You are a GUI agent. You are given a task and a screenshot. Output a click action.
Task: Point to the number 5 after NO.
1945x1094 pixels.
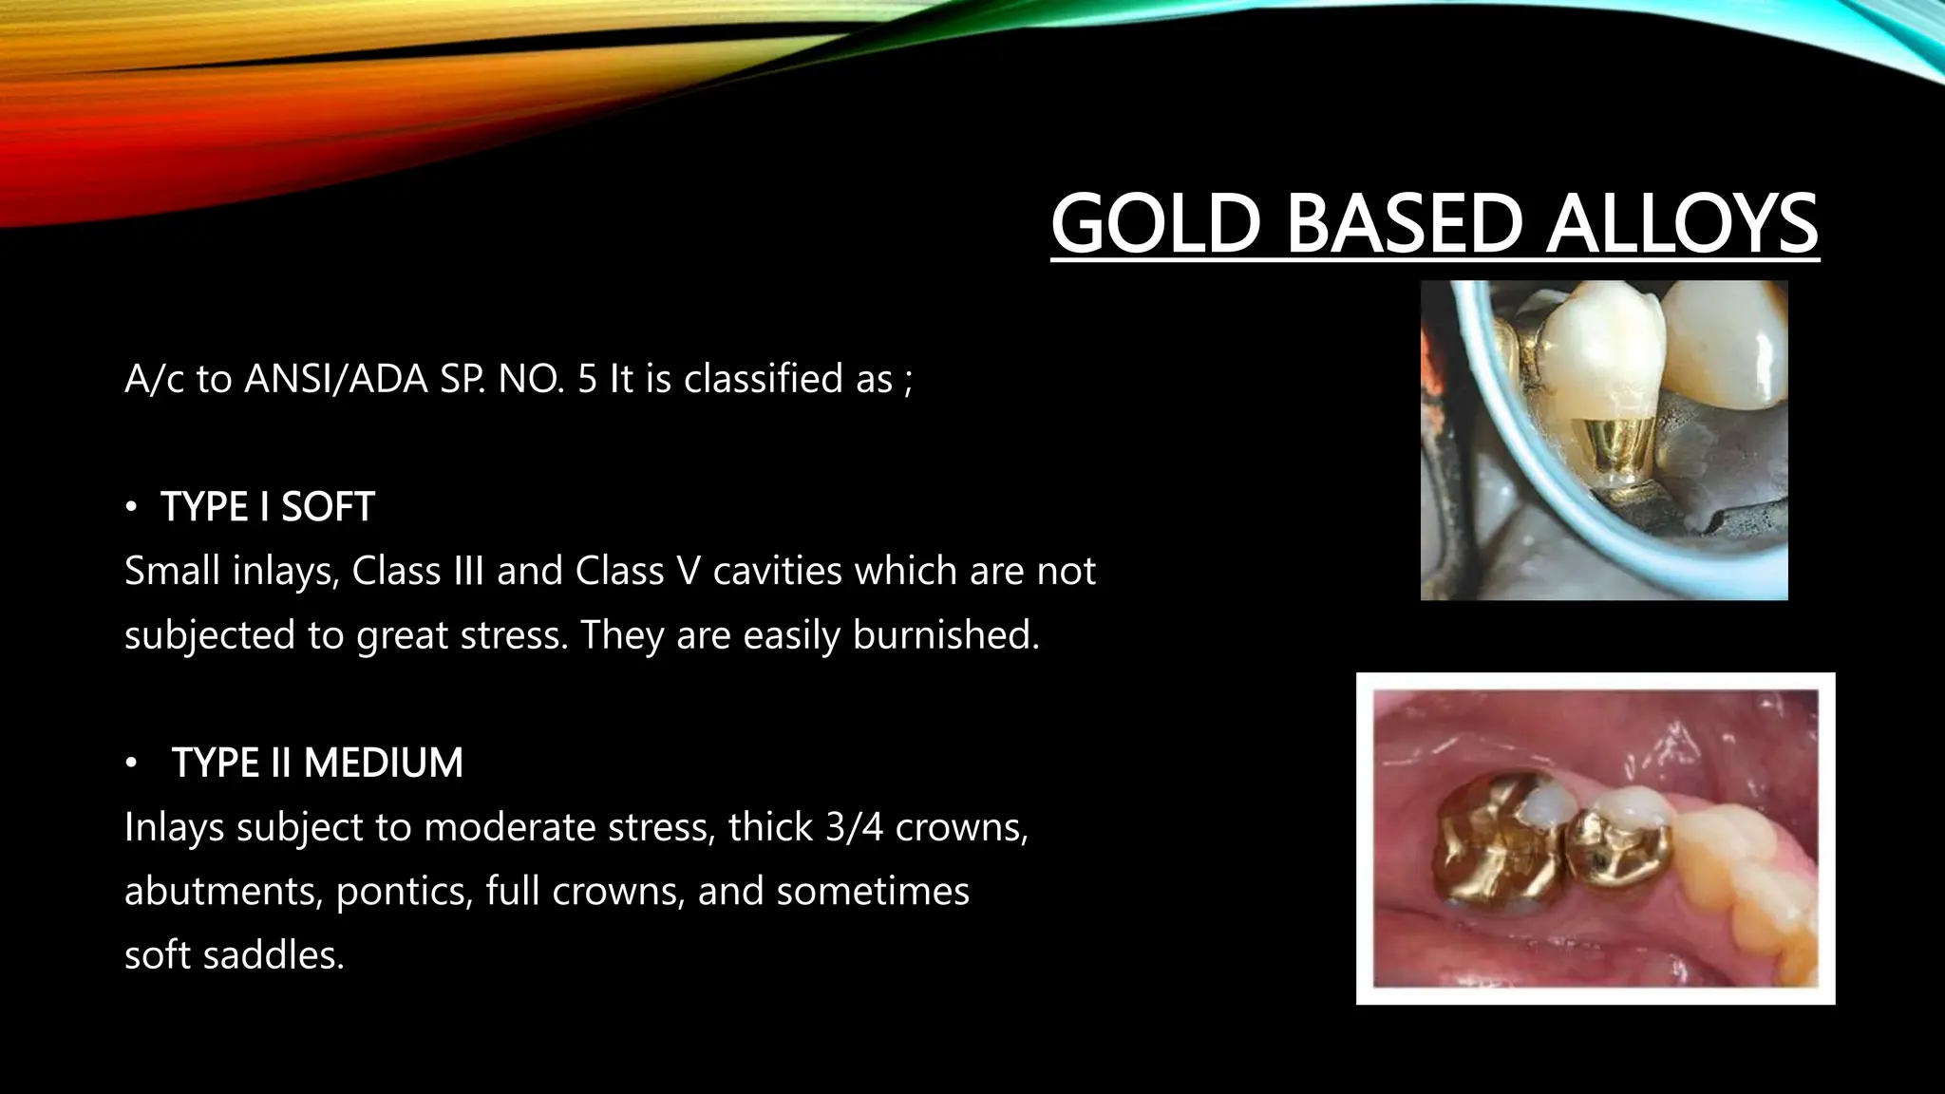[587, 379]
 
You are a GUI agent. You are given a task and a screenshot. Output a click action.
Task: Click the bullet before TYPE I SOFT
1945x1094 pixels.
[131, 508]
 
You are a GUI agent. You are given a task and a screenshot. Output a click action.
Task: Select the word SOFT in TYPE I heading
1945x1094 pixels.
[328, 507]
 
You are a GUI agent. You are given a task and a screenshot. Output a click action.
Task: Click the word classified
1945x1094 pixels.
[788, 379]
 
